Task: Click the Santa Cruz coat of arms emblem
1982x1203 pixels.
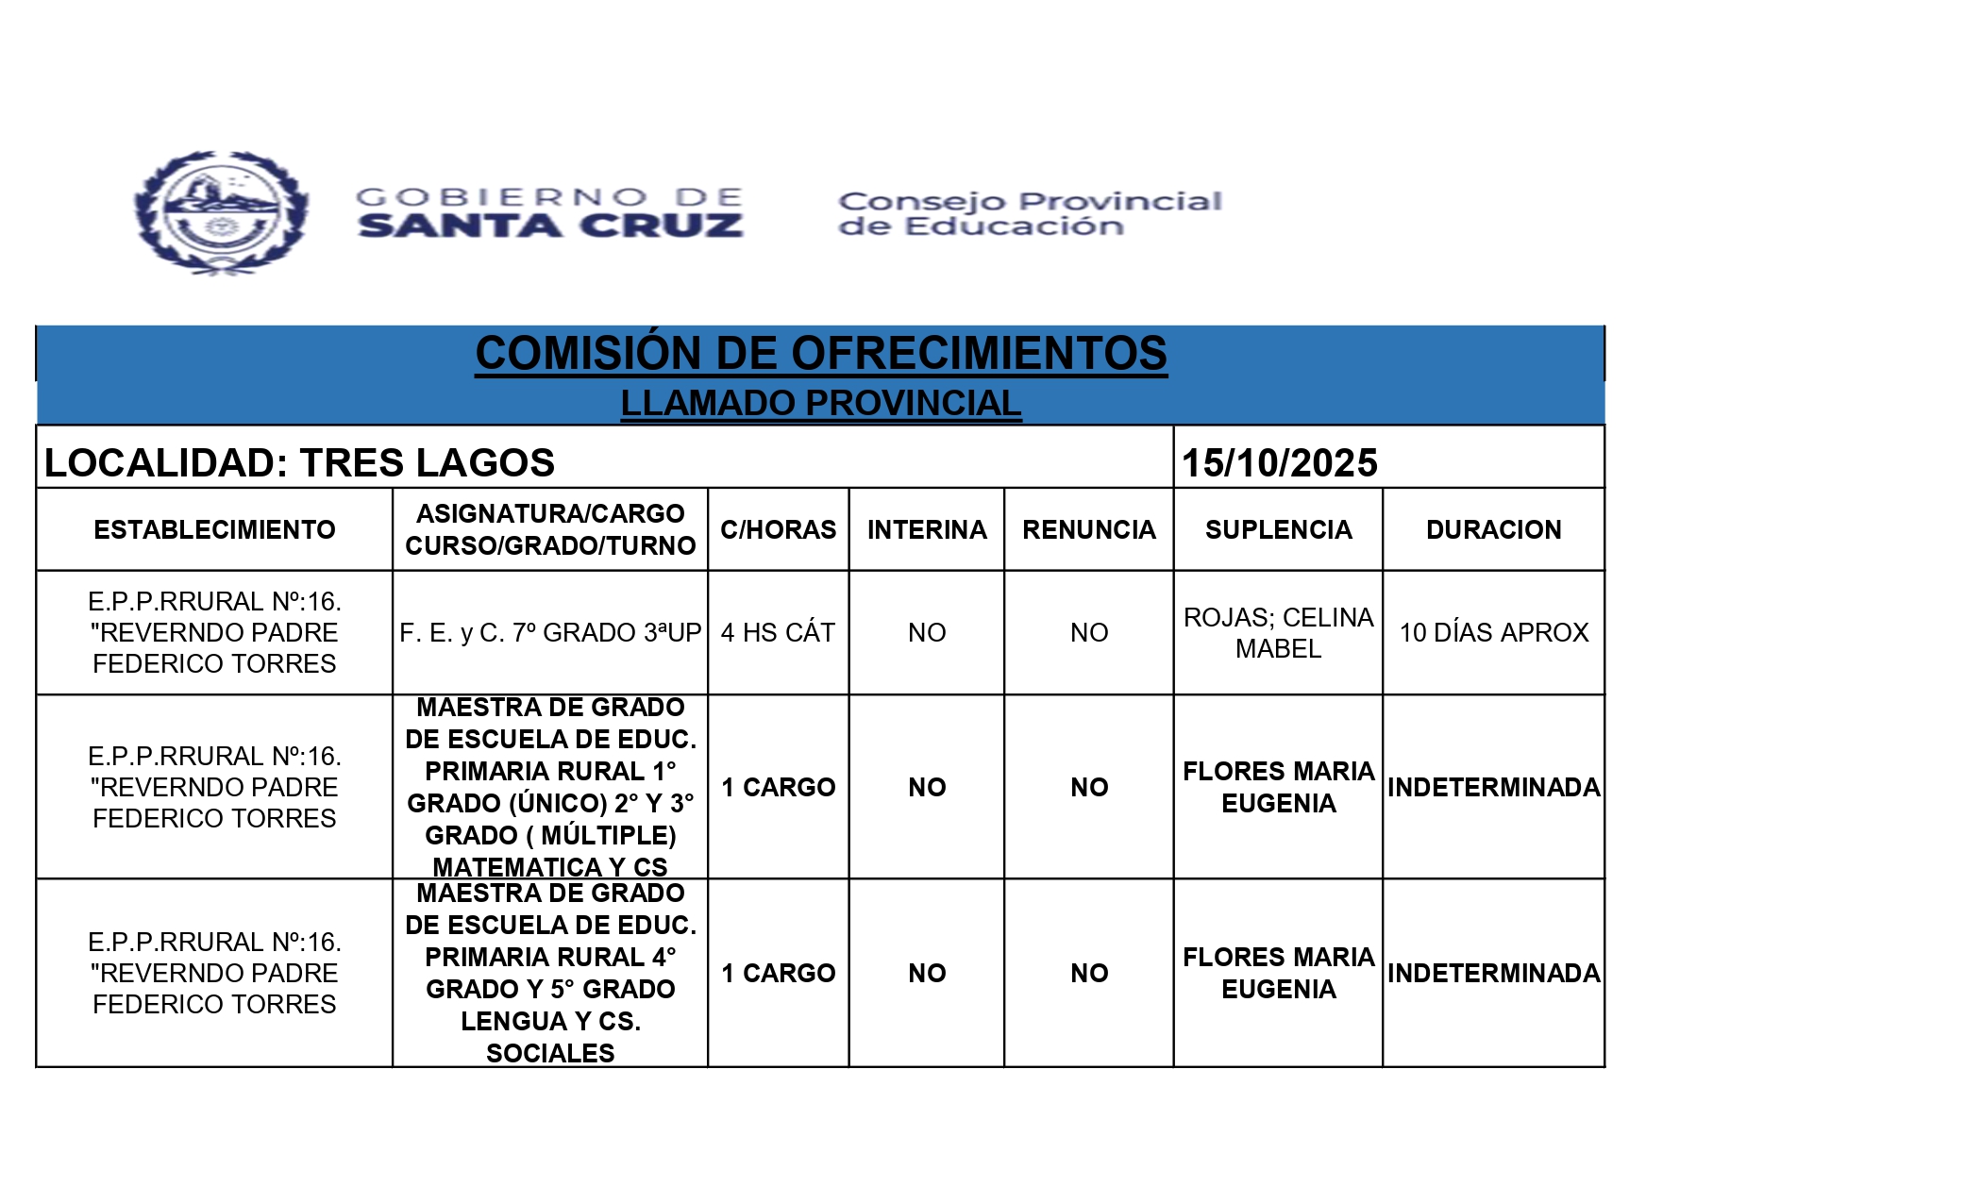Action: point(222,213)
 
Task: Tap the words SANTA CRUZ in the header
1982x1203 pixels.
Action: point(550,226)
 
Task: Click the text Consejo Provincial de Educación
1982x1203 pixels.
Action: point(1029,213)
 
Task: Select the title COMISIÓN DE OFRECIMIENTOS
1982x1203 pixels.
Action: point(820,354)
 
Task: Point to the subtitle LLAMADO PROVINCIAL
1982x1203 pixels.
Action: point(820,403)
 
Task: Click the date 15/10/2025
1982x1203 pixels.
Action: point(1279,462)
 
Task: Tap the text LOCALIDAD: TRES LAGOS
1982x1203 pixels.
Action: point(299,462)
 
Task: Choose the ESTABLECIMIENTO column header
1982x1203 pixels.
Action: point(214,529)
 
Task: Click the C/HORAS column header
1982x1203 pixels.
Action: point(778,529)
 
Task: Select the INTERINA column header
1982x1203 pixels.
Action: point(927,529)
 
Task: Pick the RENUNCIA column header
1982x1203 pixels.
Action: point(1088,529)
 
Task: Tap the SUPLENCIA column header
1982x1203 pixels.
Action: point(1278,529)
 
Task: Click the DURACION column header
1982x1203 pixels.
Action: point(1493,529)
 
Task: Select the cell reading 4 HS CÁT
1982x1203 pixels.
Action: point(778,632)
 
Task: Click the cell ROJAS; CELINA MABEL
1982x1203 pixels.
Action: point(1278,632)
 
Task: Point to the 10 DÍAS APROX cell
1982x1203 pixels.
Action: point(1493,632)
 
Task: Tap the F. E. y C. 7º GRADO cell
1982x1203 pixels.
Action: point(550,632)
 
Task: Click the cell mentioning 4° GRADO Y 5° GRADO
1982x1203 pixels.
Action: point(550,973)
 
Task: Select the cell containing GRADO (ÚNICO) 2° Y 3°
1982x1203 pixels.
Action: point(550,787)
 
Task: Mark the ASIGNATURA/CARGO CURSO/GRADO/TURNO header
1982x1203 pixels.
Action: point(550,529)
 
